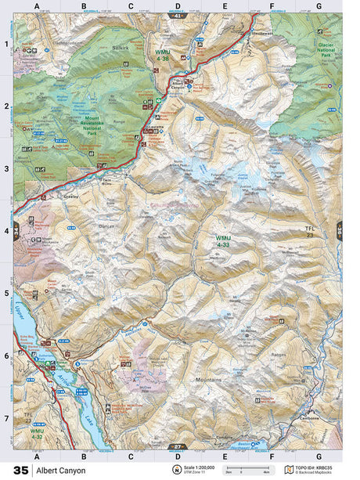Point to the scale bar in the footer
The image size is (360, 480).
click(240, 471)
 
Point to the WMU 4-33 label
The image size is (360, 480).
click(225, 241)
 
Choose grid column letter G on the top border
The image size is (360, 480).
click(318, 7)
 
